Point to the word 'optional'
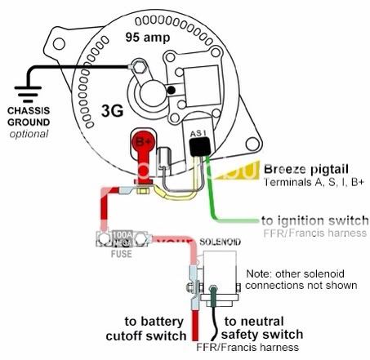click(x=29, y=133)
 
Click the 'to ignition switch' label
click(x=309, y=220)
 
